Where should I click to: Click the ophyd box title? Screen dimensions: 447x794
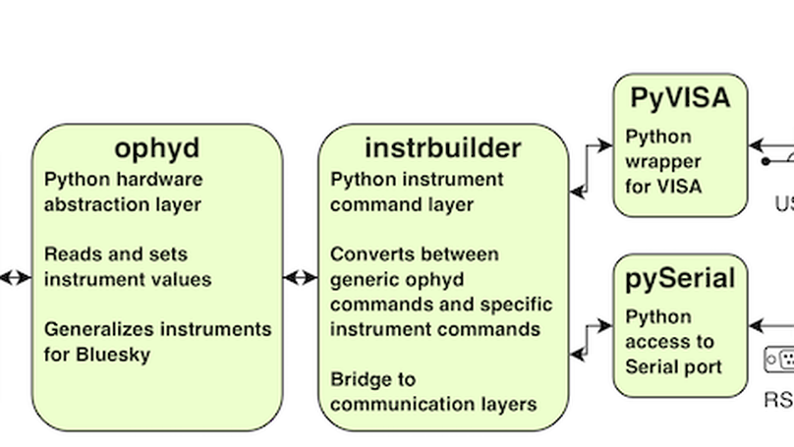point(157,148)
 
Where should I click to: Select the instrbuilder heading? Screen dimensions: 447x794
point(443,148)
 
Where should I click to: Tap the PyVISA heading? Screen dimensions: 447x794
point(680,97)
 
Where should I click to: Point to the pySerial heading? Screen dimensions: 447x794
point(680,279)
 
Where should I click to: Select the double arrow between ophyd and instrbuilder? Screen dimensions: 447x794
point(301,278)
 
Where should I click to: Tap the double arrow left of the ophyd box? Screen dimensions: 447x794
point(15,278)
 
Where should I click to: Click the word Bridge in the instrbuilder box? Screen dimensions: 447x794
point(359,379)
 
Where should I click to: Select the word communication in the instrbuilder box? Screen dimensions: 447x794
point(392,404)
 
